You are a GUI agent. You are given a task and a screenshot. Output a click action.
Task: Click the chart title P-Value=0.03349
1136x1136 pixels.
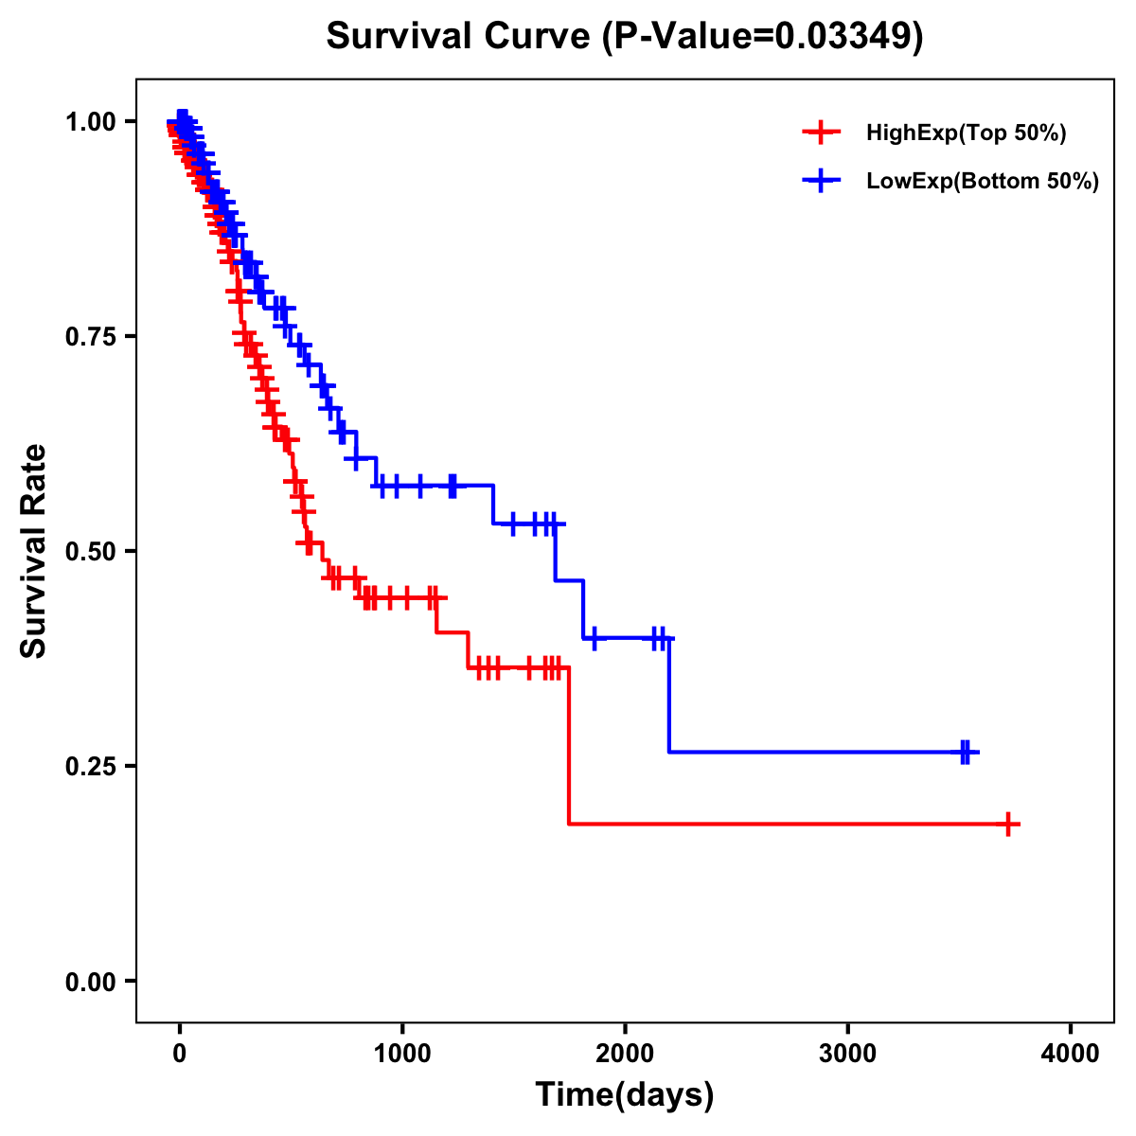[x=624, y=37]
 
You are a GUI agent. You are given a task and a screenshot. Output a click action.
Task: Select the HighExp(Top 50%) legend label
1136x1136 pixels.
[x=966, y=133]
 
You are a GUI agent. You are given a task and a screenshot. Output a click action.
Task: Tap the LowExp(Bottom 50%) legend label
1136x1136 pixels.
[x=983, y=182]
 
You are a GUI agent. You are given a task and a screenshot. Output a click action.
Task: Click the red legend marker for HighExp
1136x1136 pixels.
[x=821, y=133]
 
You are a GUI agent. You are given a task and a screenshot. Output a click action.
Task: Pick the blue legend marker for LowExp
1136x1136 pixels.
[x=821, y=181]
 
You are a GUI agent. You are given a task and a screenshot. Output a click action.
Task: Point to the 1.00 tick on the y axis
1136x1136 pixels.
[x=90, y=122]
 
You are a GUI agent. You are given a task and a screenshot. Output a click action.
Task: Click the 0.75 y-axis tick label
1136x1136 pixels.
[x=90, y=337]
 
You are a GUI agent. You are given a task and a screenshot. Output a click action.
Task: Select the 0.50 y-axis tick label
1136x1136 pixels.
[x=90, y=552]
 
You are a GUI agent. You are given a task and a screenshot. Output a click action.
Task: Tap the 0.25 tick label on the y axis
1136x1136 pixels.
[x=90, y=766]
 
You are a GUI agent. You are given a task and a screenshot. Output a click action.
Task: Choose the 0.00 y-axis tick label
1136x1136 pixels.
[x=90, y=982]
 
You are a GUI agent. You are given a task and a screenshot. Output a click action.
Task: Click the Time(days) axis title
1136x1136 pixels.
[x=625, y=1095]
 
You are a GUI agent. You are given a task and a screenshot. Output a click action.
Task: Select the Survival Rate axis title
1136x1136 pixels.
[x=34, y=551]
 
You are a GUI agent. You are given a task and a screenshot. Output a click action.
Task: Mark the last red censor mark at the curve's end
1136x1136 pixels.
[x=1009, y=824]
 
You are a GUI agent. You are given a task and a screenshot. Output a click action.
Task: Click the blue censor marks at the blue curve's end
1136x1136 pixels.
[x=966, y=753]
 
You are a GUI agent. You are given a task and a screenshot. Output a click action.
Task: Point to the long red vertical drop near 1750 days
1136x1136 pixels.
[x=569, y=748]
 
